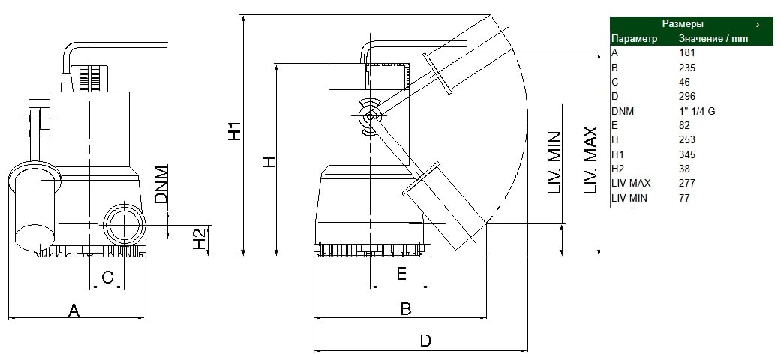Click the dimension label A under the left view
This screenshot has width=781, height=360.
point(74,310)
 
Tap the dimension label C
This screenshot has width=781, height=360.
point(107,277)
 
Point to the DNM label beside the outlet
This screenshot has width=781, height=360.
point(161,184)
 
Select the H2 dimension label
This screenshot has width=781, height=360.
point(200,239)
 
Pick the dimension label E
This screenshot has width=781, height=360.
point(401,273)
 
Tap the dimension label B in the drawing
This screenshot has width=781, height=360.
point(406,309)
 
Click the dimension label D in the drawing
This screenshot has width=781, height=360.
point(425,341)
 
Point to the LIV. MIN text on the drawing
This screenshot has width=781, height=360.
point(555,163)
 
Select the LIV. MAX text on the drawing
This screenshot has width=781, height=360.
point(590,160)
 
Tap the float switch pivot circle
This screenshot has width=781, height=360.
point(370,116)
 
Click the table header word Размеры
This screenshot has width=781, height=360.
point(683,24)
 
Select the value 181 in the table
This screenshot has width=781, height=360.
point(687,52)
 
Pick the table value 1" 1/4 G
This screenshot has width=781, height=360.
point(697,111)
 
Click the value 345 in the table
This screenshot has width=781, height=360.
point(687,154)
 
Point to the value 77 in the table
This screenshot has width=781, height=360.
point(684,198)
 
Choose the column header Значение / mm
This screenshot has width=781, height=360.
point(713,38)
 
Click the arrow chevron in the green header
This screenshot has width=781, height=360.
point(758,24)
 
